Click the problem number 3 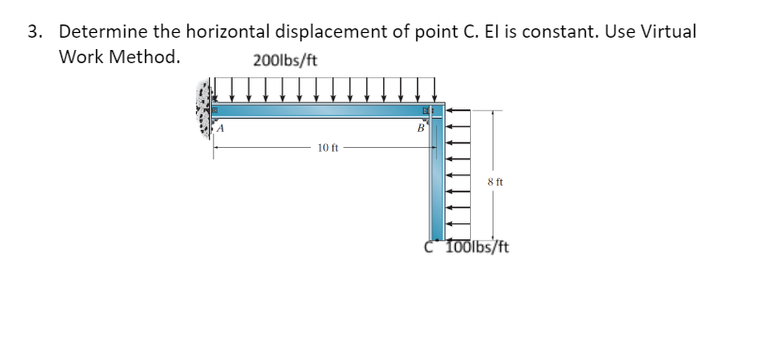coord(34,31)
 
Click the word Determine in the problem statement coord(103,31)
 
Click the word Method coord(152,57)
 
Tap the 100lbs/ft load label coord(477,249)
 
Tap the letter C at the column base coord(430,248)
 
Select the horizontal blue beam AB coord(320,111)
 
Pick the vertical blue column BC coord(437,179)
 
